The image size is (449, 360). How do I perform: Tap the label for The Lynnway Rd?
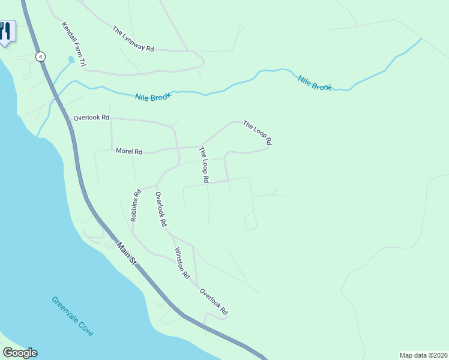[x=133, y=38]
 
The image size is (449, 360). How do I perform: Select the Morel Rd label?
[x=128, y=152]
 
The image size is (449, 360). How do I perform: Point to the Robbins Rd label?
[x=135, y=206]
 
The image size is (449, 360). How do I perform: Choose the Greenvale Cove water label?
[x=72, y=316]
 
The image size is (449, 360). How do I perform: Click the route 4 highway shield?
[x=40, y=56]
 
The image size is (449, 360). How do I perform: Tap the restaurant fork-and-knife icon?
[x=5, y=31]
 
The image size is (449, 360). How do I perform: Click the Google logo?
[x=20, y=353]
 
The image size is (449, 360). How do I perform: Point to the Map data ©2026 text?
[x=423, y=355]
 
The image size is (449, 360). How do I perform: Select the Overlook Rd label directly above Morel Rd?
[x=91, y=118]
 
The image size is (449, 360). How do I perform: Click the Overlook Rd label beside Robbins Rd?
[x=160, y=208]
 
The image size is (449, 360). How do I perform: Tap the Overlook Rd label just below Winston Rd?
[x=214, y=302]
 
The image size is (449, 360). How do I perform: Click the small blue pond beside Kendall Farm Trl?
[x=71, y=60]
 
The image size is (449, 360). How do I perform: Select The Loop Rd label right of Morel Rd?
[x=204, y=164]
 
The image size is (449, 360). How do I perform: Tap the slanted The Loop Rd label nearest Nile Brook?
[x=258, y=133]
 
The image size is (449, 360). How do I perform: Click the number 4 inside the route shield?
[x=40, y=56]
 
